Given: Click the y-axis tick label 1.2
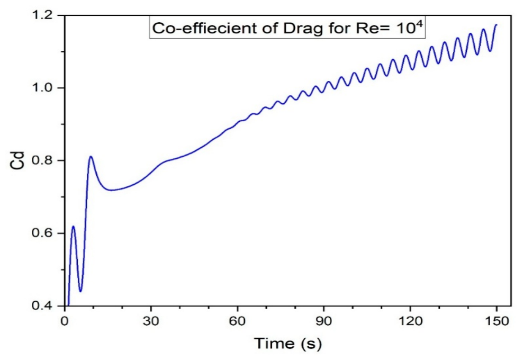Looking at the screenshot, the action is coord(42,15).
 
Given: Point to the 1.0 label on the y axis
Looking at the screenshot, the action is coord(42,88).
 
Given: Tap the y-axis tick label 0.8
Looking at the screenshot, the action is coord(42,160).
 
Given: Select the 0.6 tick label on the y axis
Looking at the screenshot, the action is coord(42,233).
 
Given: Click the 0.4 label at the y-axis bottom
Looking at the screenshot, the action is coord(42,305).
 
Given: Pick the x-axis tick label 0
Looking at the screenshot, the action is coord(65,321).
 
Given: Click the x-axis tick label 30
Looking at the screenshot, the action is coord(151,321).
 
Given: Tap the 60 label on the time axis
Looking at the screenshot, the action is coord(237,321).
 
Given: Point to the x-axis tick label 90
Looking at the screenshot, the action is coord(324,321).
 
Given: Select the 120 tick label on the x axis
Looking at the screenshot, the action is coord(410,321).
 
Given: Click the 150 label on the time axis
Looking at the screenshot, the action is coord(496,321).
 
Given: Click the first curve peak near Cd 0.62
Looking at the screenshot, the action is coord(73,226).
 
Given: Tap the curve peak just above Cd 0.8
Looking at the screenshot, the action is coord(91,156).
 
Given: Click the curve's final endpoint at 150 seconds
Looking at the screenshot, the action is coord(496,25).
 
